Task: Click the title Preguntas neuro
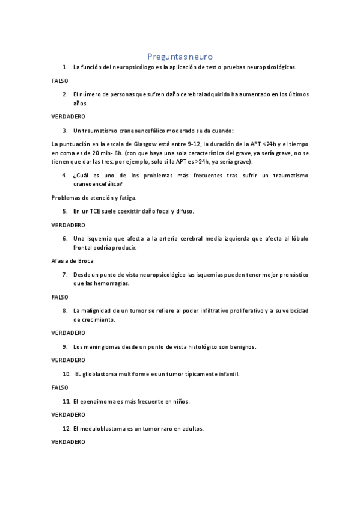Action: tap(180, 55)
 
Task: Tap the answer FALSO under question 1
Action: tap(59, 80)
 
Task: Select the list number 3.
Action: tap(65, 130)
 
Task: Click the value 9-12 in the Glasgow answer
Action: tap(191, 144)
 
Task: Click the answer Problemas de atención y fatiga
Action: tap(94, 197)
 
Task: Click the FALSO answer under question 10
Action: tap(59, 387)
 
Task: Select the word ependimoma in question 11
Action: tap(99, 401)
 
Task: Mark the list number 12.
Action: tap(66, 429)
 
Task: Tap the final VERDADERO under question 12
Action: tap(68, 441)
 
